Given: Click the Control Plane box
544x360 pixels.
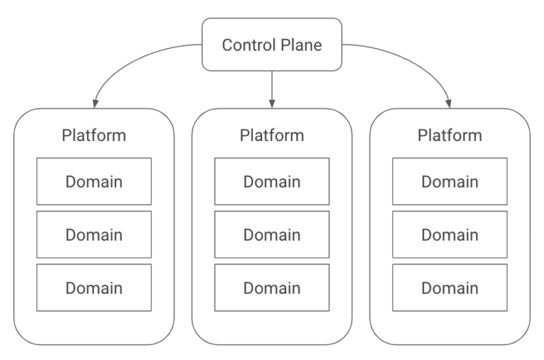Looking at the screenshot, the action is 272,45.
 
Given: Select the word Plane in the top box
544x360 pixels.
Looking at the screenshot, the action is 302,45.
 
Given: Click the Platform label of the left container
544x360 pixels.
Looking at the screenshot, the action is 94,135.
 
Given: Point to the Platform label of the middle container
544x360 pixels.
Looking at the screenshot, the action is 272,135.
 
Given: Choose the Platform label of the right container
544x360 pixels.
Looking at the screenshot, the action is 450,135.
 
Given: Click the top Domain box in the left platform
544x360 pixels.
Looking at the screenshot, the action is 94,181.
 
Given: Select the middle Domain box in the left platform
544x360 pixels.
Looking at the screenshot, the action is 94,235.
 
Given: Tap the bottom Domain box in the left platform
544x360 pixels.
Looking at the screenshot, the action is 94,288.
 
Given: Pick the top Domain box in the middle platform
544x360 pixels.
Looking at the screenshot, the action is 272,181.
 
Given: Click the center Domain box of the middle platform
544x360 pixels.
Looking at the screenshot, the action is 272,235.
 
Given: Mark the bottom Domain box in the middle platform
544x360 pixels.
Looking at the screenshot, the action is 272,288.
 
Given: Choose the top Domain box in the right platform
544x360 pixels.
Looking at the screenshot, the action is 450,181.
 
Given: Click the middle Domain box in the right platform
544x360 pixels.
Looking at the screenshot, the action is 450,235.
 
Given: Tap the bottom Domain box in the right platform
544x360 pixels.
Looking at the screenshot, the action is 450,288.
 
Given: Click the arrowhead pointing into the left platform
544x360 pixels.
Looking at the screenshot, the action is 96,103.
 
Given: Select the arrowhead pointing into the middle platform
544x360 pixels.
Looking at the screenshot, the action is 272,103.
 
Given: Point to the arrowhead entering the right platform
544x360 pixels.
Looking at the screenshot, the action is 448,103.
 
